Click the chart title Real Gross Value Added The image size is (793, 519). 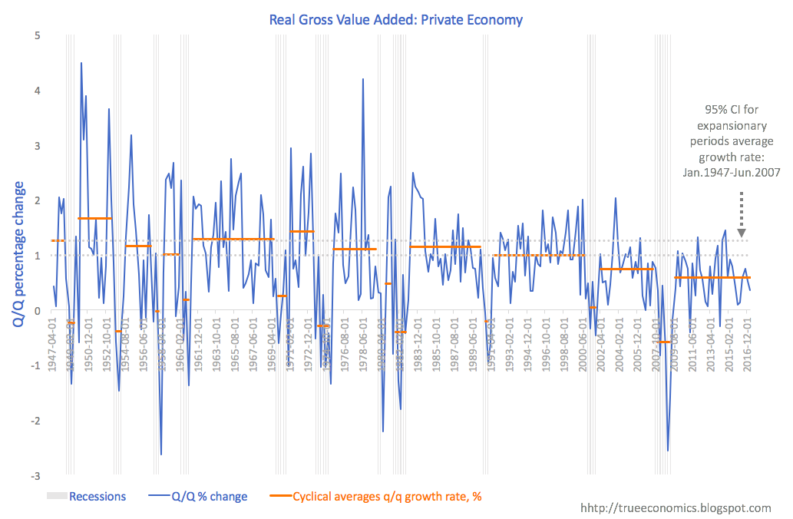pos(395,19)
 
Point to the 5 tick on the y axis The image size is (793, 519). pos(37,35)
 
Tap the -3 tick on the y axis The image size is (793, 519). pos(35,476)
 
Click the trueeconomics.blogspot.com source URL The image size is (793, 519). pos(676,508)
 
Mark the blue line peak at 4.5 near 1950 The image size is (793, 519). pos(81,63)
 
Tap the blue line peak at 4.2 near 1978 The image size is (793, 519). pos(362,79)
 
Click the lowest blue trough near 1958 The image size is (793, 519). pos(161,455)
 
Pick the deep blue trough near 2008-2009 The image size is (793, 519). pos(668,451)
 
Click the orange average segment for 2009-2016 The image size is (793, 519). pos(712,277)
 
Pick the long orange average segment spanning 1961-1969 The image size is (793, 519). pos(233,240)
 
